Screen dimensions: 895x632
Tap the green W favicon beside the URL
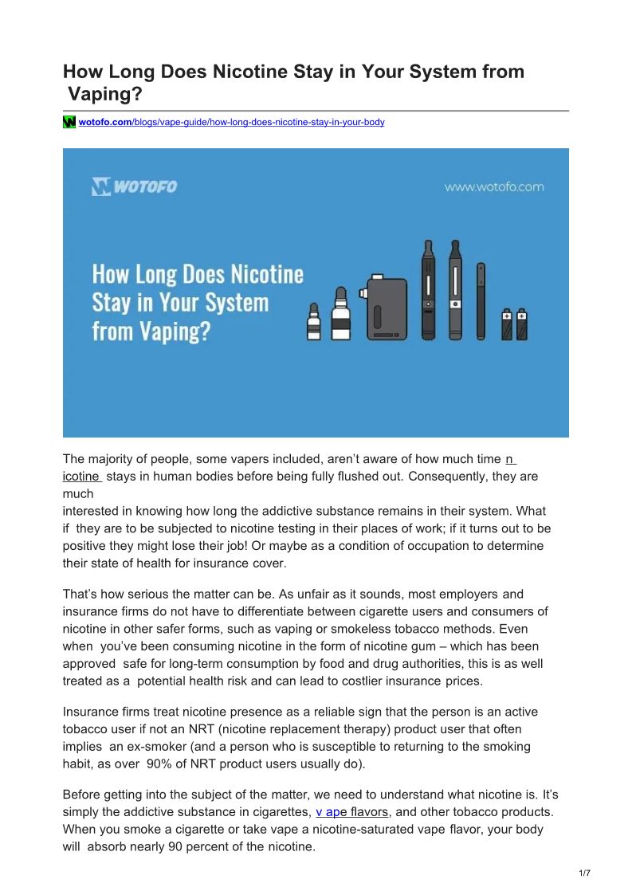click(69, 122)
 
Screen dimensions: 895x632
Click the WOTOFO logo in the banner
click(134, 187)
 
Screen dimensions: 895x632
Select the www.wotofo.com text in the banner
click(494, 187)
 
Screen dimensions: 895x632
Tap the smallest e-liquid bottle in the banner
click(313, 322)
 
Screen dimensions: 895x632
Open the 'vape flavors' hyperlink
click(351, 812)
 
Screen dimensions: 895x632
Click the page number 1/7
click(584, 873)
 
